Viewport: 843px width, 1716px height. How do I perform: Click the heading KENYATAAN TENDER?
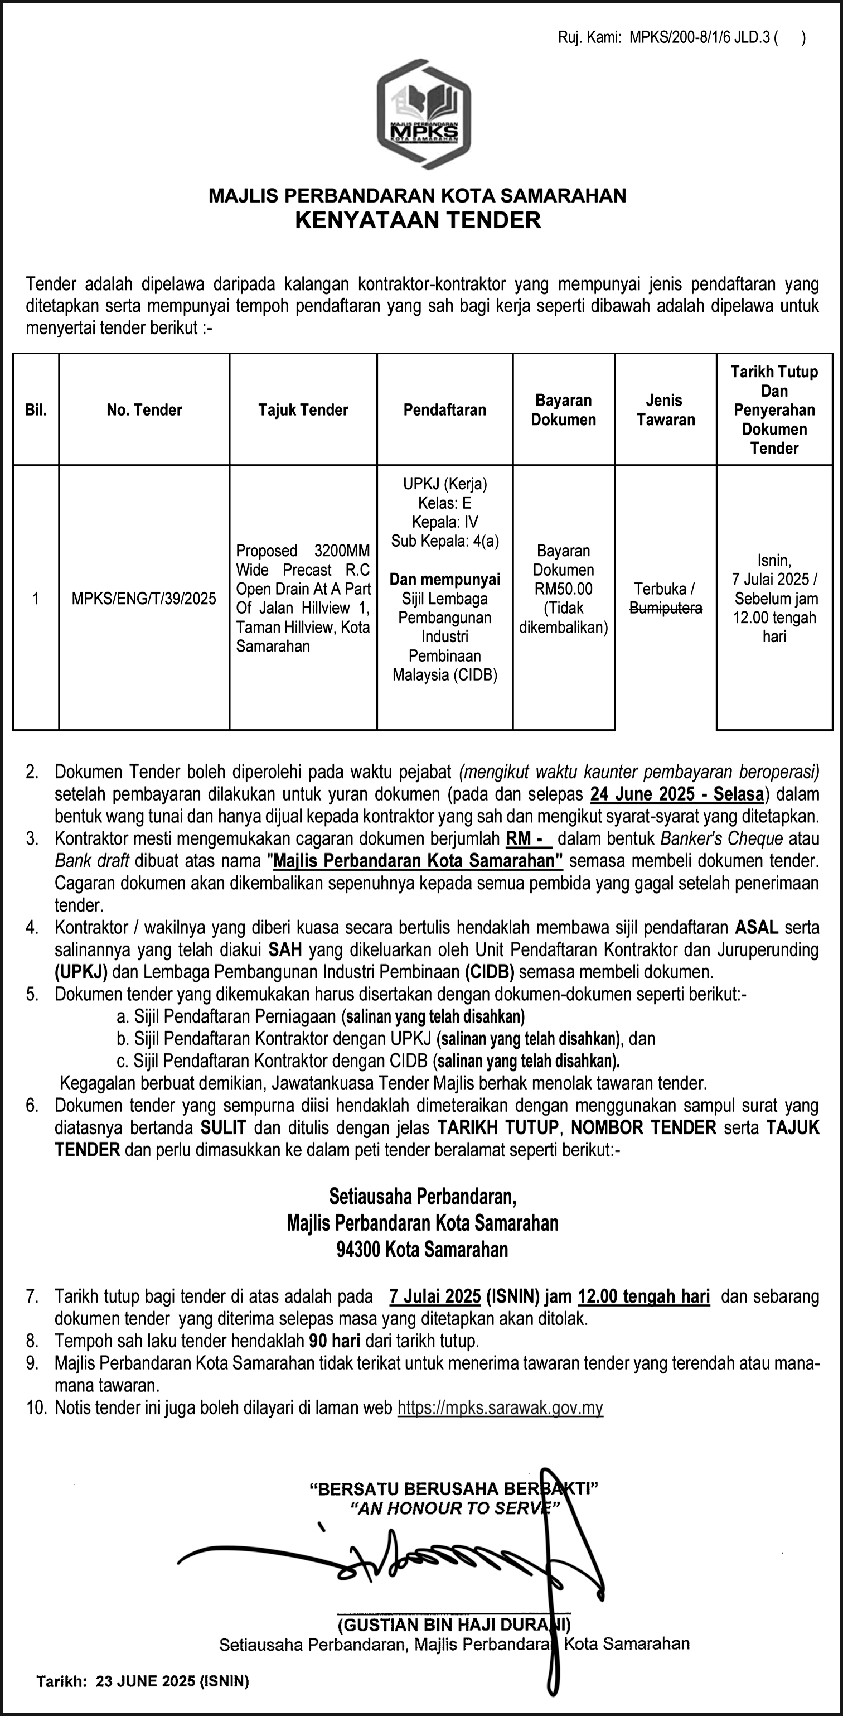click(418, 220)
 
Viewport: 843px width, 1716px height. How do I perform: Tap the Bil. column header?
click(36, 409)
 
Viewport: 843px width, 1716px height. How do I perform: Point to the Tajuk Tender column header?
click(303, 409)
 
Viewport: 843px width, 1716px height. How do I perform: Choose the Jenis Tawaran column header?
click(665, 409)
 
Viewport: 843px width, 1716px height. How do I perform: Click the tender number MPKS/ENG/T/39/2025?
click(144, 598)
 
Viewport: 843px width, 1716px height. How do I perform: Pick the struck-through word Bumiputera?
click(665, 608)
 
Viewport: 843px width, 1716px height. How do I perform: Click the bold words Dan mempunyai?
click(445, 579)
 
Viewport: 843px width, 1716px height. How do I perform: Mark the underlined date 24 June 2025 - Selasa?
click(676, 794)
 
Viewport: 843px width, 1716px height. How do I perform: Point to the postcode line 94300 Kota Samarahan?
click(422, 1249)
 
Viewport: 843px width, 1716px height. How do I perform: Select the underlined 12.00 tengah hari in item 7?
click(643, 1296)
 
